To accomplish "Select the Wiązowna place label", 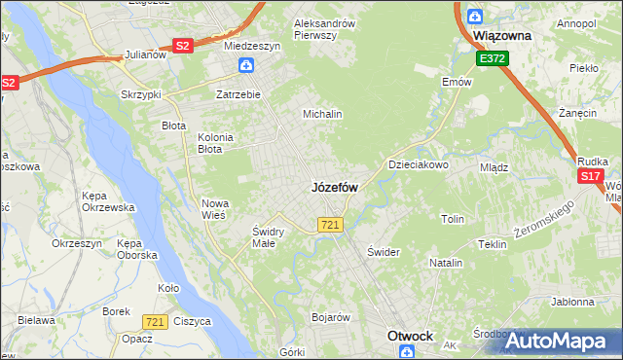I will click(x=500, y=35).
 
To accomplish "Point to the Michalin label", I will click(x=322, y=114).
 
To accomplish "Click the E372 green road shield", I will click(x=492, y=59).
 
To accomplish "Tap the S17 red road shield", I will click(x=590, y=176).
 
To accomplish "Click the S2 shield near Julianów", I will click(x=182, y=45).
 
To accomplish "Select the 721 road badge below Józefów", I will click(x=329, y=226).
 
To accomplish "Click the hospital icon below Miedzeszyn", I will click(x=247, y=66).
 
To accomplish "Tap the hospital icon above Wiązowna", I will click(x=474, y=16).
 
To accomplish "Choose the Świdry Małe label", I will click(x=268, y=237).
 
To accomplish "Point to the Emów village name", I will click(x=457, y=83).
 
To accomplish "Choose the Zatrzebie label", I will click(x=238, y=94).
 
